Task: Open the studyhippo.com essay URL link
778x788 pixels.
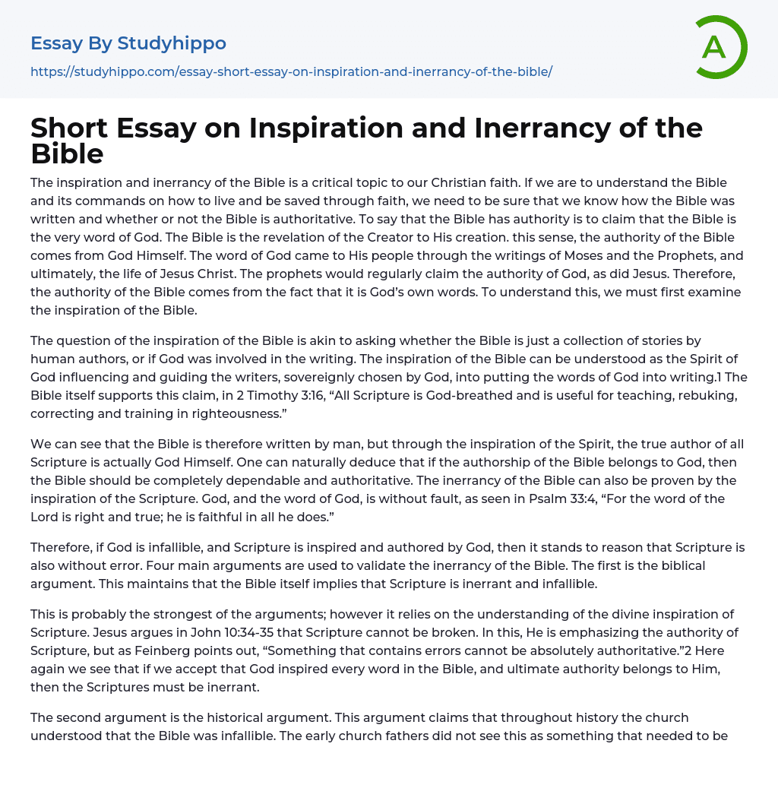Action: pos(291,71)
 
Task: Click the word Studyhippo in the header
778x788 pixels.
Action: pos(172,43)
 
